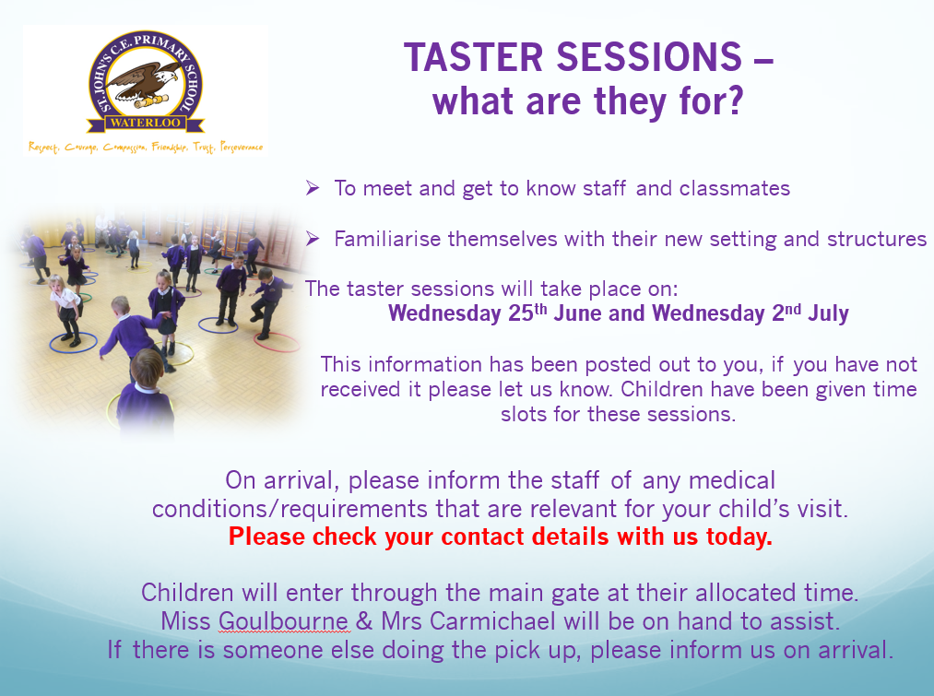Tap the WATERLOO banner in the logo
[x=146, y=124]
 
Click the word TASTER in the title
[x=474, y=58]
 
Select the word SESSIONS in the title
[x=649, y=58]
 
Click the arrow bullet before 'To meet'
[x=313, y=188]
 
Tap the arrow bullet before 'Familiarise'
[x=313, y=239]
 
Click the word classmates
[x=735, y=188]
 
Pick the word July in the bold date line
[x=828, y=313]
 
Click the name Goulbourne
[x=284, y=621]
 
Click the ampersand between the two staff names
[x=364, y=621]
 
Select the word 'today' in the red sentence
[x=739, y=537]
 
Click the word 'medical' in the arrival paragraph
[x=732, y=480]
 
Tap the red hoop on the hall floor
[x=277, y=342]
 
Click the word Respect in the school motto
[x=44, y=147]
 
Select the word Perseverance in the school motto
[x=242, y=147]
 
